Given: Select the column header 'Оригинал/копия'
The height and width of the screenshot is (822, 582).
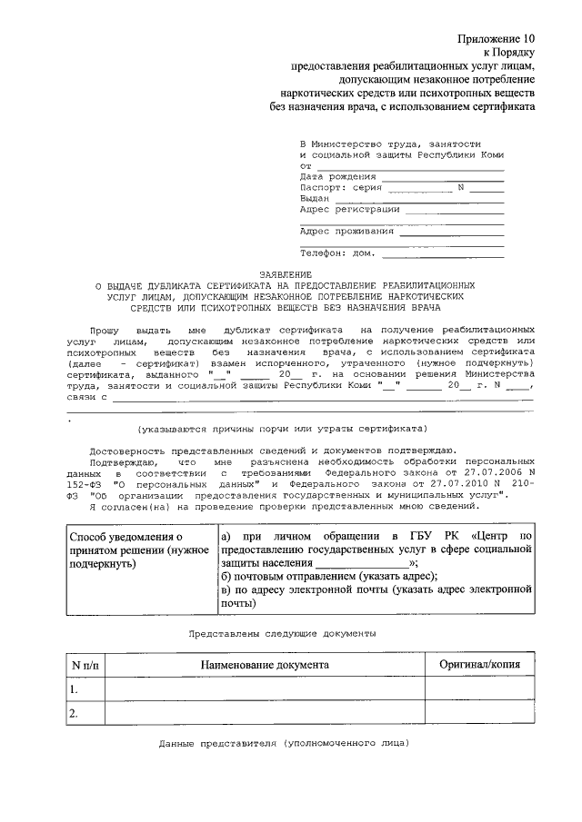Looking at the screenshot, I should coord(479,665).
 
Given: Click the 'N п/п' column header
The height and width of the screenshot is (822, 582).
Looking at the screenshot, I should coord(86,665).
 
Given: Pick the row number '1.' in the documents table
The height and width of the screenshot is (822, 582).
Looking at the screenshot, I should coord(75,689).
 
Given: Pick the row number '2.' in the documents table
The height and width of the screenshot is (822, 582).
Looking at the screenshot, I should coord(75,714).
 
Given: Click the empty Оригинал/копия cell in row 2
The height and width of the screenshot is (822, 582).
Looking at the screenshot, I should coord(479,714).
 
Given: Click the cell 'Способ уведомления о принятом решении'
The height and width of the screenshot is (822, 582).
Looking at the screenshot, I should coord(140,550).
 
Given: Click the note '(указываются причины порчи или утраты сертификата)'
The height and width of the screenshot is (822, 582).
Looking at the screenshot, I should coord(282,428).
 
